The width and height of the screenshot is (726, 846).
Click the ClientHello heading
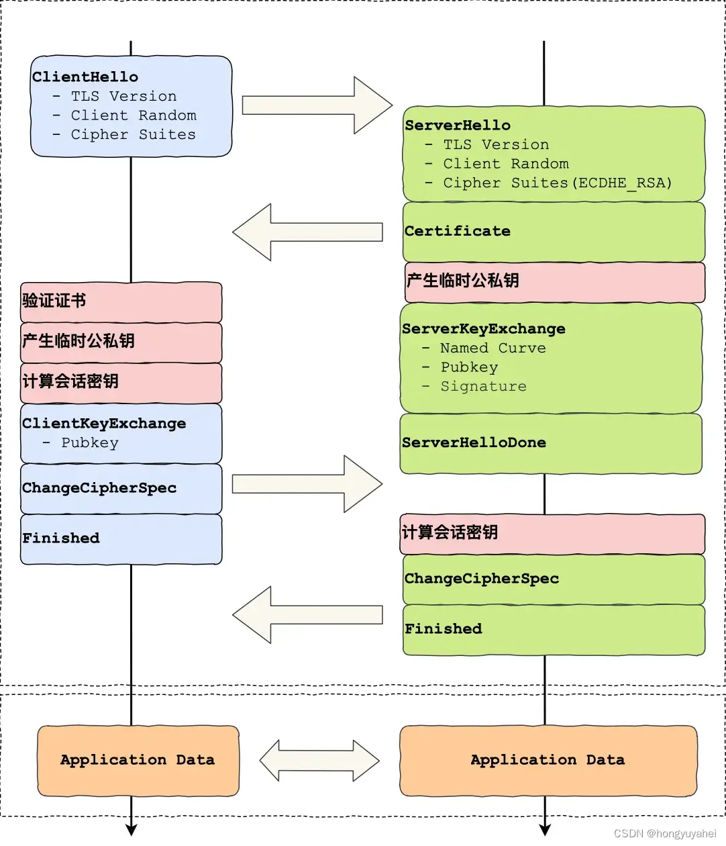(85, 77)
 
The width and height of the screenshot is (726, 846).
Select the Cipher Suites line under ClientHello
(133, 134)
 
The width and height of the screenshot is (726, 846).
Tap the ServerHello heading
(458, 125)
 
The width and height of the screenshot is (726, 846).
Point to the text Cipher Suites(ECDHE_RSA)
(557, 183)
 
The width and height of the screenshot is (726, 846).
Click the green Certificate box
(554, 232)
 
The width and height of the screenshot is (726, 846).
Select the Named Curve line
(492, 348)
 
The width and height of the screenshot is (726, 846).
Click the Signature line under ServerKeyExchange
(483, 386)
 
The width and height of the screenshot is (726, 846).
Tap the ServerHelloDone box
(550, 443)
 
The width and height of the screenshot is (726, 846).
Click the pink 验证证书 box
(121, 301)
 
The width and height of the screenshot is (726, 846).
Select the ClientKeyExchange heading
(104, 423)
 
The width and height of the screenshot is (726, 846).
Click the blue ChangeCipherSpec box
(121, 488)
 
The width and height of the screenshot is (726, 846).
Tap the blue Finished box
(121, 538)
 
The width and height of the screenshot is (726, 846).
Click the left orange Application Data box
(138, 760)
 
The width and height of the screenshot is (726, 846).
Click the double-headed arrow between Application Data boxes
(319, 761)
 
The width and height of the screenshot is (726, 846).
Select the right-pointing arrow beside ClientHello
(317, 105)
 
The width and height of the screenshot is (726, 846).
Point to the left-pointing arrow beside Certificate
(307, 232)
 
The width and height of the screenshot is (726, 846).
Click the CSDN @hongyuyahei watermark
(665, 833)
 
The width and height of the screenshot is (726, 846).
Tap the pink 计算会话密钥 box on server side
(552, 533)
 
